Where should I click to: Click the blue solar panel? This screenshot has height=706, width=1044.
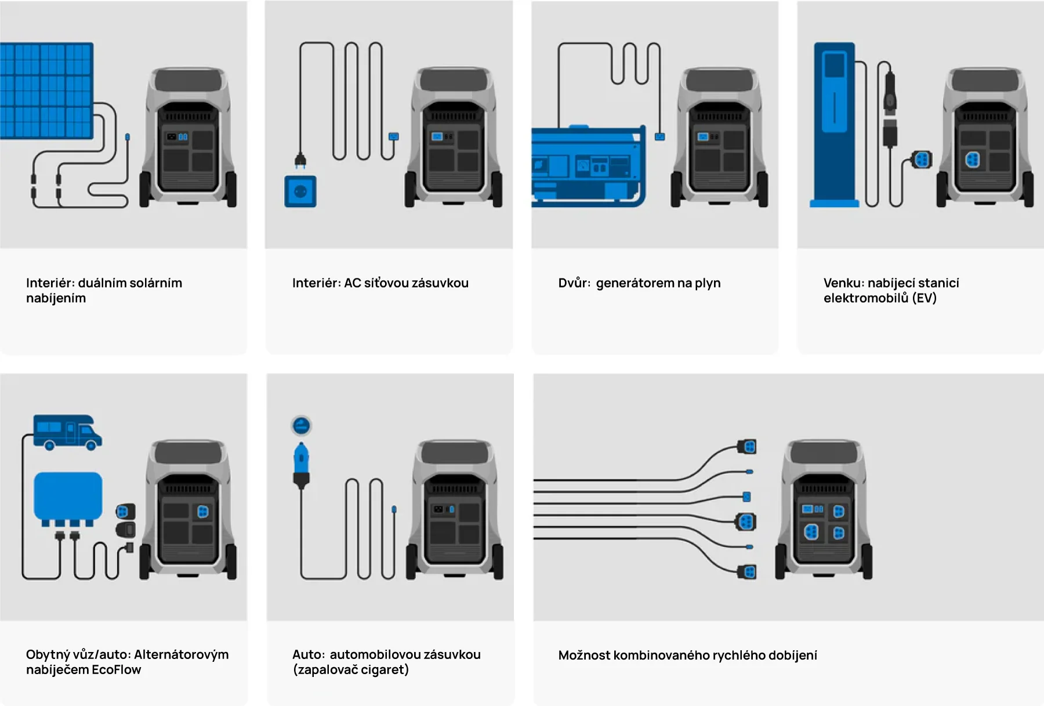[46, 90]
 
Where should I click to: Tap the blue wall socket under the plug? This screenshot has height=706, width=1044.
[300, 191]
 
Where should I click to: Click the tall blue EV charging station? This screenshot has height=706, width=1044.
[834, 125]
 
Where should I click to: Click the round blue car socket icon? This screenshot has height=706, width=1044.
[301, 426]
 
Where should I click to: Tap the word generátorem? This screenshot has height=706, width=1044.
[635, 283]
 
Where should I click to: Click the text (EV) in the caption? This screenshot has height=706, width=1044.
[924, 298]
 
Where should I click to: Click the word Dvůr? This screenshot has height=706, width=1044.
[574, 283]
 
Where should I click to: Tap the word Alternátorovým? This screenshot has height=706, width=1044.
[181, 655]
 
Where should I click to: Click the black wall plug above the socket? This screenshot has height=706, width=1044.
[300, 160]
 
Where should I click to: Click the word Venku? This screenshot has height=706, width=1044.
[844, 283]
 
